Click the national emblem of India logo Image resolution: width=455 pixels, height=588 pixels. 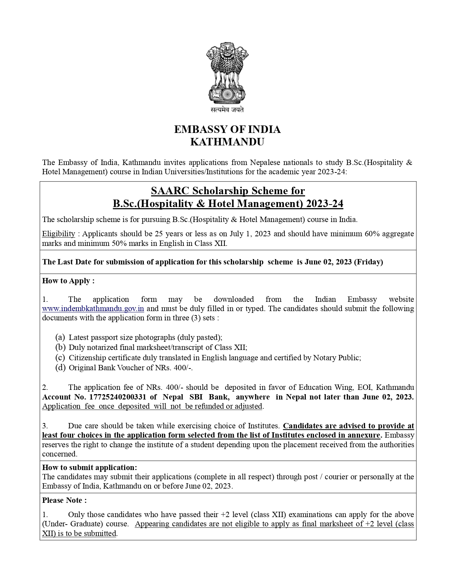227,73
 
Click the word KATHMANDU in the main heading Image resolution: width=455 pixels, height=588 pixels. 227,142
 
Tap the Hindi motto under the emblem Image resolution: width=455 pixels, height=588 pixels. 227,110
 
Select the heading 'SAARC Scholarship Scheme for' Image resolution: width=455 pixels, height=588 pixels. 228,191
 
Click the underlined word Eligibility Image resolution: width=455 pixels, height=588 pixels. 59,234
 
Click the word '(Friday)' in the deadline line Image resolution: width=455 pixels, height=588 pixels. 368,262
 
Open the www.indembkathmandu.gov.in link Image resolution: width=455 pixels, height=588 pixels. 93,309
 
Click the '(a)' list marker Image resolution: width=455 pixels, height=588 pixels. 60,337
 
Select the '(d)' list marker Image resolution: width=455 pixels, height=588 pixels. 60,368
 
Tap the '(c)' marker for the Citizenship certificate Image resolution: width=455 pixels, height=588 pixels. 60,357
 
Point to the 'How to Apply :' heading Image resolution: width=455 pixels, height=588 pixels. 69,281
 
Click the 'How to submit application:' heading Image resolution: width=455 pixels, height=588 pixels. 90,468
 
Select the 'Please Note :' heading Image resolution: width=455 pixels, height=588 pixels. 64,500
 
